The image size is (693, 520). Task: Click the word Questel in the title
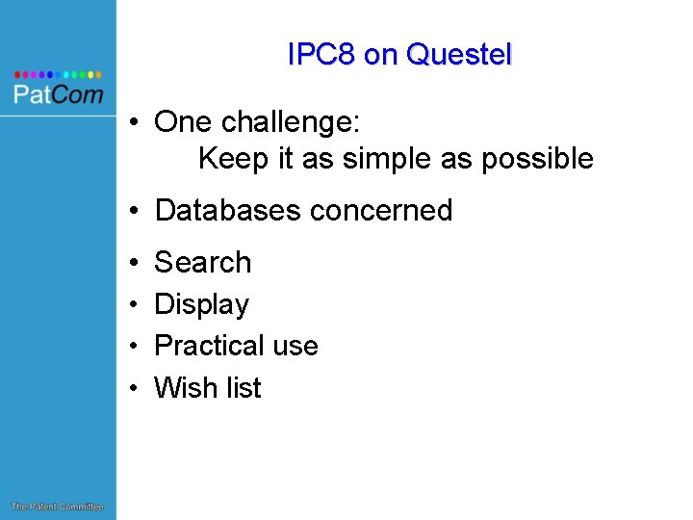tap(459, 55)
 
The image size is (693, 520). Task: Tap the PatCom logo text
tap(58, 94)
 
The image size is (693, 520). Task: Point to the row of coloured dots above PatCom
tap(58, 73)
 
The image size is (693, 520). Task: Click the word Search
tap(202, 262)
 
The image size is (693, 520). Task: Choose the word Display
tap(201, 304)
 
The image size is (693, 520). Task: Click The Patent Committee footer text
tap(57, 507)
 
